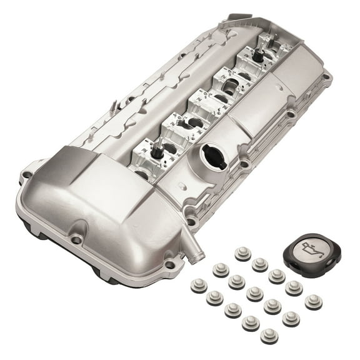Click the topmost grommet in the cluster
(242, 254)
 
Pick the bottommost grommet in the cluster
(268, 336)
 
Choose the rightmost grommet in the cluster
(313, 302)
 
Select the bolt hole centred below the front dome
(76, 239)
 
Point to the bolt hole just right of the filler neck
(244, 164)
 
